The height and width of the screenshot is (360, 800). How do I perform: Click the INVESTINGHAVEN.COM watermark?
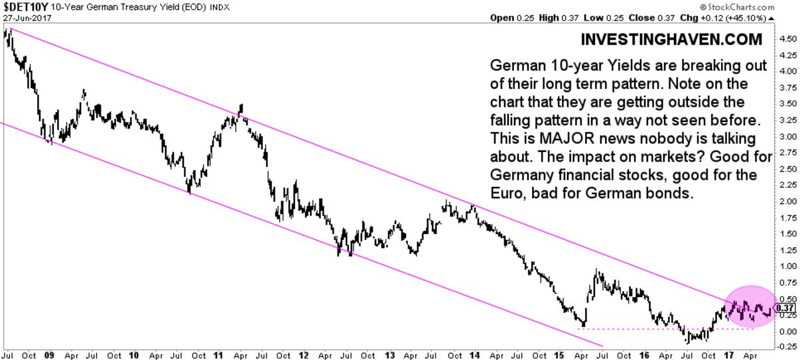(x=671, y=40)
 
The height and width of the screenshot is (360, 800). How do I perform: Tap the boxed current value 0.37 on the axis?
(x=785, y=308)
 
